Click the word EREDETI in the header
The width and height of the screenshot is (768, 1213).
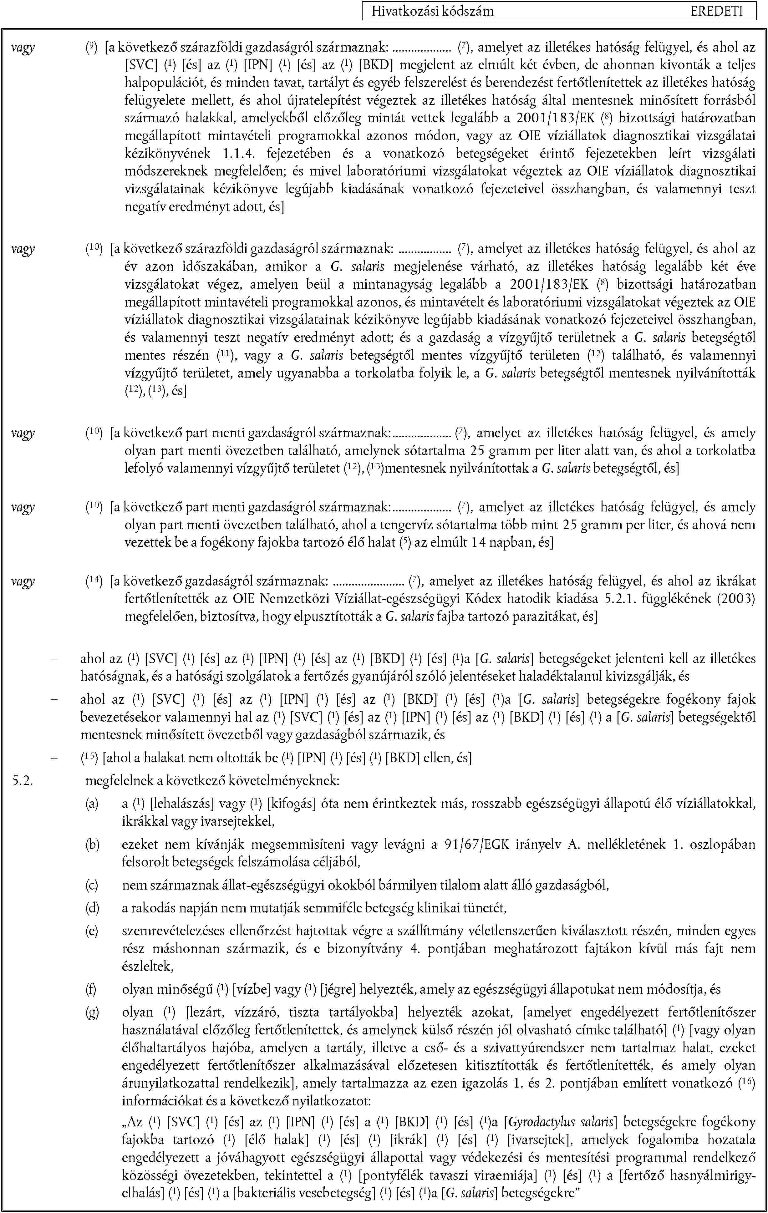[717, 11]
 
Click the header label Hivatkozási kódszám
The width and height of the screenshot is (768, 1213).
[432, 11]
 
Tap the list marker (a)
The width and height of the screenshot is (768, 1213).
[92, 804]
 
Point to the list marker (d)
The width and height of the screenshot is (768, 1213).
[92, 908]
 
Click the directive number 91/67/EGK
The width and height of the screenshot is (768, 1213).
[478, 844]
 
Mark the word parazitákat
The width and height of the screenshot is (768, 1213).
[545, 617]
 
